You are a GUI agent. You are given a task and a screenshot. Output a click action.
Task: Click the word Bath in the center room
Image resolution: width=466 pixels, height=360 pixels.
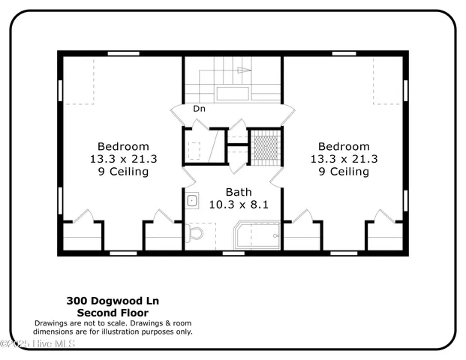(x=233, y=191)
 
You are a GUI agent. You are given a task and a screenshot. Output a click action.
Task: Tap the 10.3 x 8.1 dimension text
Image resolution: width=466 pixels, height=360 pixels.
(x=233, y=203)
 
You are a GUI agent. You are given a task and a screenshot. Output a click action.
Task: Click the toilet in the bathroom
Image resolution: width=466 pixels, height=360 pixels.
(x=196, y=235)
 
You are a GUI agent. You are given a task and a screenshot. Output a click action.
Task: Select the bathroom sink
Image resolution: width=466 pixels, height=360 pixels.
(x=191, y=200)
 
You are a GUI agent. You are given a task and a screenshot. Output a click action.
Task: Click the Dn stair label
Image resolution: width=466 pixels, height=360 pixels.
(x=199, y=109)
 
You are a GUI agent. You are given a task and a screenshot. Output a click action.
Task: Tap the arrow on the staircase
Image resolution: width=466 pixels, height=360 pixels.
(x=243, y=70)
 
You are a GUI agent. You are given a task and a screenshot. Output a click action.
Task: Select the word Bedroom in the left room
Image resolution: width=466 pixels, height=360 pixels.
(x=123, y=146)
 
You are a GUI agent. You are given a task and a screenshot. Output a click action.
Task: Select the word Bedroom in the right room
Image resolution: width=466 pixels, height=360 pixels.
(x=344, y=146)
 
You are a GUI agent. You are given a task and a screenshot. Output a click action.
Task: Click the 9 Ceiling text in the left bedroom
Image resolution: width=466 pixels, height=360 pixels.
(x=123, y=172)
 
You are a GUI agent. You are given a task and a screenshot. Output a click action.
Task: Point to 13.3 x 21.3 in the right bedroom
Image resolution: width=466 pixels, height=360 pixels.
(x=344, y=159)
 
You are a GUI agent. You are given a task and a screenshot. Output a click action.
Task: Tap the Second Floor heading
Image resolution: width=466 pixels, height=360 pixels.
(x=113, y=312)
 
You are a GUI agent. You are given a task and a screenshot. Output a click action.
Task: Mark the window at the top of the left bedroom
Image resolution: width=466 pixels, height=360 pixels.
(x=122, y=53)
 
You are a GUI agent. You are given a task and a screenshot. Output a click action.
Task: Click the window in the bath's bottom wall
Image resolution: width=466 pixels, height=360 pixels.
(x=233, y=253)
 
